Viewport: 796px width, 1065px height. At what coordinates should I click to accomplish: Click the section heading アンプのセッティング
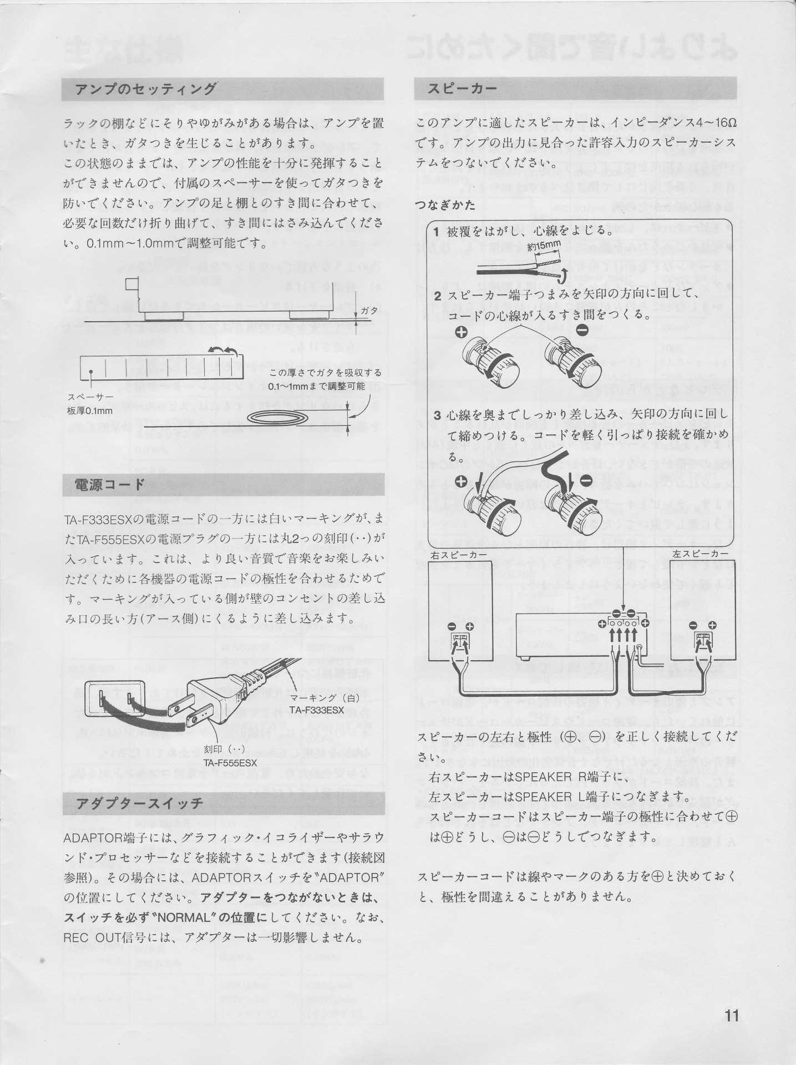tap(145, 89)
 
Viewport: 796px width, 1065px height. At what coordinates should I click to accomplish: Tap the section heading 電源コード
tap(110, 485)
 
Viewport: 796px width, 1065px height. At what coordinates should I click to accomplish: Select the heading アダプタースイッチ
tap(139, 803)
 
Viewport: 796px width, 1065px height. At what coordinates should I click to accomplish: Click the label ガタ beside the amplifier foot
tap(369, 311)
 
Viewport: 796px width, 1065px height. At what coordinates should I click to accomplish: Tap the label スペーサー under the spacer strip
tap(90, 398)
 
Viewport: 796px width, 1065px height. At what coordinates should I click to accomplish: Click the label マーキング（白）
tap(317, 698)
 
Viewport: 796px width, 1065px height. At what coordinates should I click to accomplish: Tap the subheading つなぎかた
tap(445, 205)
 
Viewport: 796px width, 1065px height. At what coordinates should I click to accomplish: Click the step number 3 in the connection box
tap(438, 414)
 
